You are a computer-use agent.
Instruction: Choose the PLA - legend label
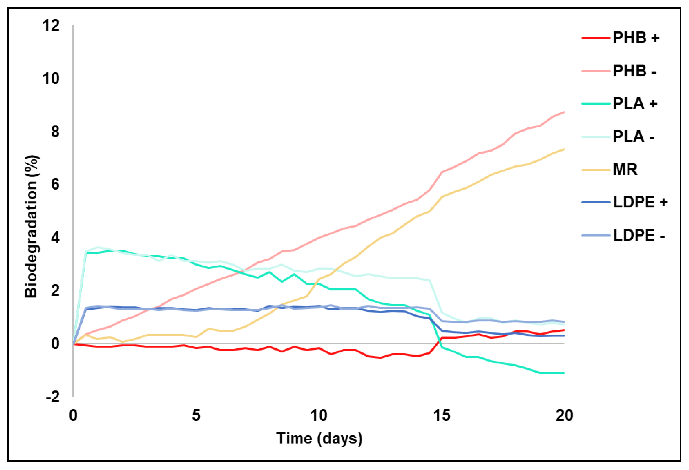634,137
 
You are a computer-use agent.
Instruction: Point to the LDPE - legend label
639,235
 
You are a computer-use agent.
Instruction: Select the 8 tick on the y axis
55,132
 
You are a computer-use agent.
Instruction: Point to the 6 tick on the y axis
55,184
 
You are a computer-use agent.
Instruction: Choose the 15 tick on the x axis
442,415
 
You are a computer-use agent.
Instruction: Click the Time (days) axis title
319,438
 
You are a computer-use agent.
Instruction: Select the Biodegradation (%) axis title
31,226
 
